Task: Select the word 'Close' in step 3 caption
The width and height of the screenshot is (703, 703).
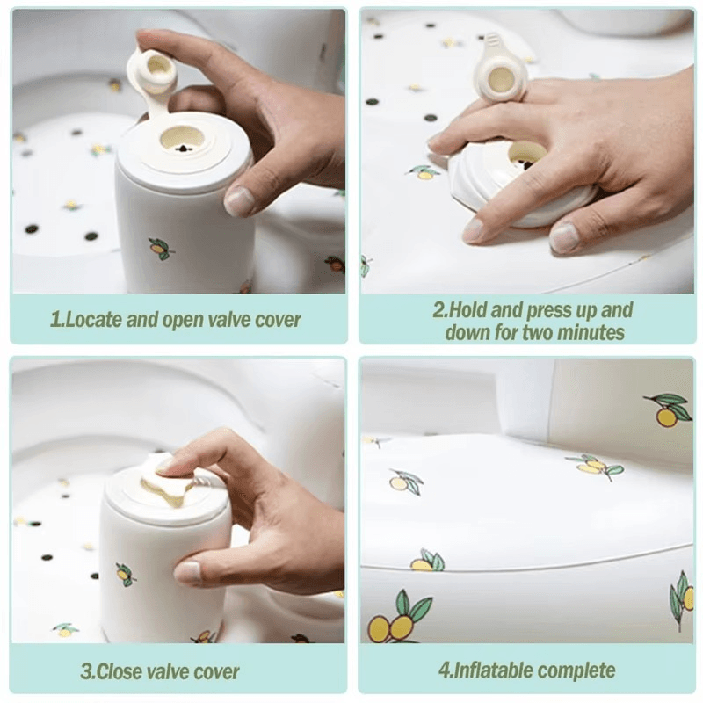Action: (x=120, y=671)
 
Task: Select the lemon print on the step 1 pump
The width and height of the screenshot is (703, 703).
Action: (x=160, y=248)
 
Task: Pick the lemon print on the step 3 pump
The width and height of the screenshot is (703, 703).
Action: (x=125, y=575)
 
